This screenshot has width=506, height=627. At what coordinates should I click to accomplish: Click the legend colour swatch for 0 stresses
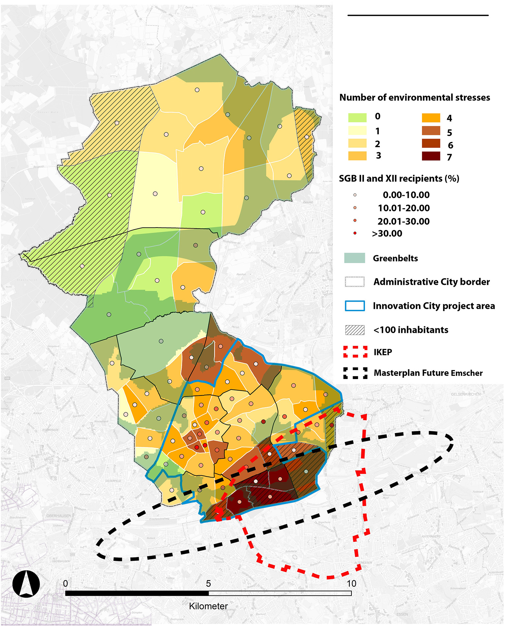(357, 118)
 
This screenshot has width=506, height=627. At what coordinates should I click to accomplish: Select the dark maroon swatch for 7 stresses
(431, 156)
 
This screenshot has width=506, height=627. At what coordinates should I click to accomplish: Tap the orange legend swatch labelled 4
(431, 118)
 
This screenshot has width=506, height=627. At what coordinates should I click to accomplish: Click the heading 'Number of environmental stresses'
(414, 97)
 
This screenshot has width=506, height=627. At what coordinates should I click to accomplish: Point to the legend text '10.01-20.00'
(403, 208)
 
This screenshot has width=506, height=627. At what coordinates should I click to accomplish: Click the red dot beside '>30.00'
(355, 233)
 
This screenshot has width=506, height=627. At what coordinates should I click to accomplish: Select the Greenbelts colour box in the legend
(354, 258)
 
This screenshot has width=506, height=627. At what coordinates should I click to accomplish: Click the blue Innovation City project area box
(355, 306)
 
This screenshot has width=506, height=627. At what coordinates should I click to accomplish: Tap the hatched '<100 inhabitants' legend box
(355, 330)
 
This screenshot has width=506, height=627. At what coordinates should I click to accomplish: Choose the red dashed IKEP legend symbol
(355, 352)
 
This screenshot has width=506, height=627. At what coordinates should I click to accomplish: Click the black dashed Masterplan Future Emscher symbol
(355, 373)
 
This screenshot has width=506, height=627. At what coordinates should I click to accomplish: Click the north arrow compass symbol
(26, 584)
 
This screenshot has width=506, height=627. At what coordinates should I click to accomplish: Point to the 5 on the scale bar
(208, 584)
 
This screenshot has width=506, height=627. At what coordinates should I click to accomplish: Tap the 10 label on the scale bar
(351, 584)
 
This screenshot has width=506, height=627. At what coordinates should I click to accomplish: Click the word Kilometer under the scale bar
(208, 606)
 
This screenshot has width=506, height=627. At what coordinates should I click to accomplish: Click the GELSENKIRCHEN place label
(466, 394)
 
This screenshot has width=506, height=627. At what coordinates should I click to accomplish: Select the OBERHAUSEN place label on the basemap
(59, 515)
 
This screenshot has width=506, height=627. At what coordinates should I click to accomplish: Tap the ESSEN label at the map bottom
(402, 614)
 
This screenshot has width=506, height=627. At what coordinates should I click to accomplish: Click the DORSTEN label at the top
(322, 6)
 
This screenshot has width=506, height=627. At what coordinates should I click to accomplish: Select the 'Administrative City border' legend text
(432, 282)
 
